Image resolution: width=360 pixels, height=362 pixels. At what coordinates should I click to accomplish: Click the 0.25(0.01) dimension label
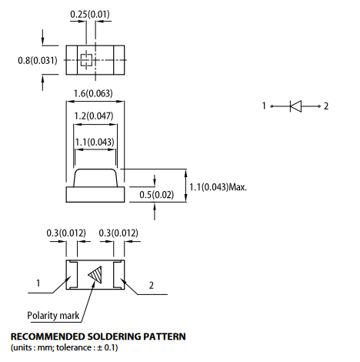click(x=90, y=14)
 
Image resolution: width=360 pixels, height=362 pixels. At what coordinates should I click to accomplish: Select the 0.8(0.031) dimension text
click(x=38, y=61)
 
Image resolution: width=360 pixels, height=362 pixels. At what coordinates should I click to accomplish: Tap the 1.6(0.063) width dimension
click(x=93, y=93)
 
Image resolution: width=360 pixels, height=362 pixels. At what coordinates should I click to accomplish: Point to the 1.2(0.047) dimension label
click(x=94, y=116)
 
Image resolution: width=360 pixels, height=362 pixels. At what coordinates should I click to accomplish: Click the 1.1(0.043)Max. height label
click(x=218, y=187)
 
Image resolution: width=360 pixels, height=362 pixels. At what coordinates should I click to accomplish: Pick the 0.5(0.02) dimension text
click(x=156, y=195)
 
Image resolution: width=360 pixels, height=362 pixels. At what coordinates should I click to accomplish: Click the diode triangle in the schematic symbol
click(x=295, y=106)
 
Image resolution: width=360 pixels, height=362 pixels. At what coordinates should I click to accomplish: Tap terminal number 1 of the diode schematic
click(x=264, y=106)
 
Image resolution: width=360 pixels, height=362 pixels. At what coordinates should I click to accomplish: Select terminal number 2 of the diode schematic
click(x=326, y=106)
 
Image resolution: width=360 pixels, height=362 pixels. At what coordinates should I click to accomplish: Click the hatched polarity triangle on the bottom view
click(x=95, y=275)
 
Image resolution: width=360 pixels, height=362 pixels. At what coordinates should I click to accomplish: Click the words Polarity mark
click(x=53, y=316)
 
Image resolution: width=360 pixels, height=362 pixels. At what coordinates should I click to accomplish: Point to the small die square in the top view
click(x=86, y=60)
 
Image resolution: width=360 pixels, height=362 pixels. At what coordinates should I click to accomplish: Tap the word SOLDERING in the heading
click(x=114, y=337)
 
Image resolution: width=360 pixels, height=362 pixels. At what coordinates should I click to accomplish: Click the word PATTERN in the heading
click(x=165, y=337)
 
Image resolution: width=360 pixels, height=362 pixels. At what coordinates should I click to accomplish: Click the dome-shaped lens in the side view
click(x=95, y=178)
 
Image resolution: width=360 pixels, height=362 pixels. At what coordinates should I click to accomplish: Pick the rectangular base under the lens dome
click(x=95, y=195)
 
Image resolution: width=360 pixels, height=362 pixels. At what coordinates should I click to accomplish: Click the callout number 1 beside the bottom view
click(x=38, y=283)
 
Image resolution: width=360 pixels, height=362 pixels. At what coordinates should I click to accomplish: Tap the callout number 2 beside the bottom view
click(x=152, y=285)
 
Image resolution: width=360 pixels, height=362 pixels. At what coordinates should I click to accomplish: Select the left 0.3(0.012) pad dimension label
click(x=66, y=233)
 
